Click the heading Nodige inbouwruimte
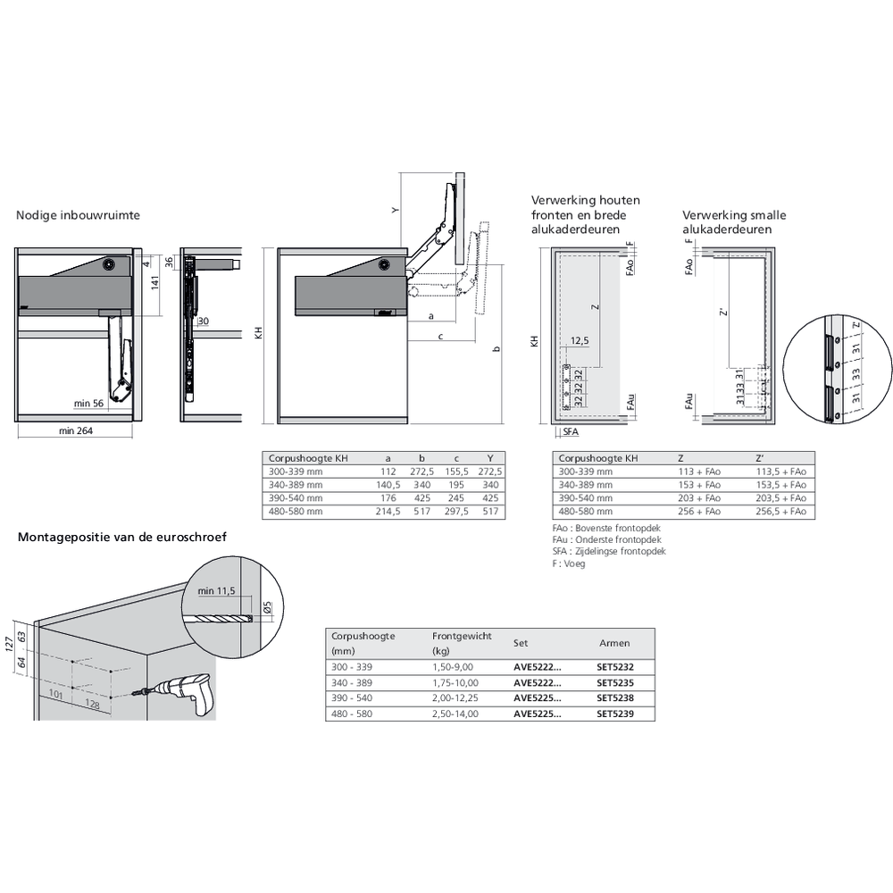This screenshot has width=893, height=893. [78, 215]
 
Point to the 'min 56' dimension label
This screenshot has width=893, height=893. [89, 404]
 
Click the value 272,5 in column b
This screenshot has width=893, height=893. [421, 472]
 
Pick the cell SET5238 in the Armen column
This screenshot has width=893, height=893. [614, 697]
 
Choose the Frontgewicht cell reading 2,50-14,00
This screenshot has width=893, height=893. [455, 714]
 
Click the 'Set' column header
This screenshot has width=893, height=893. [520, 642]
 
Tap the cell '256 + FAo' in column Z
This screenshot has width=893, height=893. [699, 512]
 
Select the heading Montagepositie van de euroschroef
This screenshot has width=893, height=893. [122, 537]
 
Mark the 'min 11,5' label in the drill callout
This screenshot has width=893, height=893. [215, 591]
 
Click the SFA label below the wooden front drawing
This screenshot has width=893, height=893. [572, 431]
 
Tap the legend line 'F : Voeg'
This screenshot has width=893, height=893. [569, 563]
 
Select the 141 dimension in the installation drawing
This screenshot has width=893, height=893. [154, 283]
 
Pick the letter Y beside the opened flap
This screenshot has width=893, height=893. [393, 210]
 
